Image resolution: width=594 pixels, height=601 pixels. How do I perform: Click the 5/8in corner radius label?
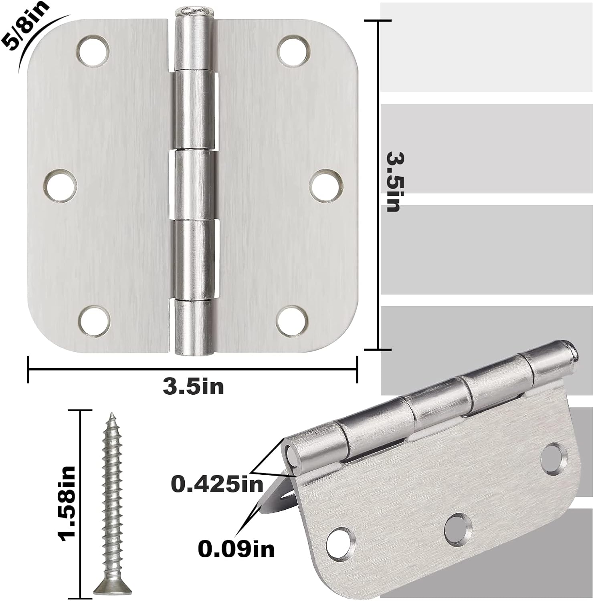pos(25,25)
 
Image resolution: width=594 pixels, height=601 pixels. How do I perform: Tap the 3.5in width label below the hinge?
pos(193,387)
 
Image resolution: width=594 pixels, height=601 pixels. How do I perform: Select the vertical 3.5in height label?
pos(393,181)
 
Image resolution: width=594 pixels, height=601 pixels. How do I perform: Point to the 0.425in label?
pos(217,484)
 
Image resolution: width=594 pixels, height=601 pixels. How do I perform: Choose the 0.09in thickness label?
pos(236,549)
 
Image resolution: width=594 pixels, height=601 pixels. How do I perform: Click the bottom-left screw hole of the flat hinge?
pos(94,321)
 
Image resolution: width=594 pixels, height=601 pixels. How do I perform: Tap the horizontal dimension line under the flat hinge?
pos(192,369)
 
